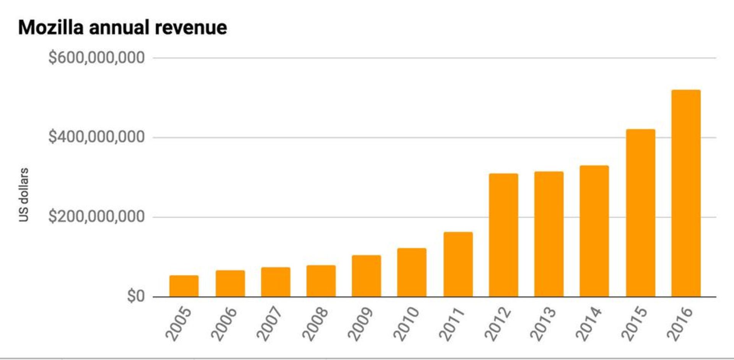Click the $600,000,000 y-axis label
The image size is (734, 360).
point(96,58)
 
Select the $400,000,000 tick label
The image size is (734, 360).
point(96,137)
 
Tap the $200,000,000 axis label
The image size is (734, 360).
point(96,217)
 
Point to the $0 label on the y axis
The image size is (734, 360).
point(136,296)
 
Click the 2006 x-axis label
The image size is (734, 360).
point(224,324)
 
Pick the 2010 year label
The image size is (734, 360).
point(406,324)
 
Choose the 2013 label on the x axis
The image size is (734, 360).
point(543,324)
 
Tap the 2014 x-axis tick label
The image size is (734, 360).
point(589,324)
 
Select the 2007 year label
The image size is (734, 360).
point(270,324)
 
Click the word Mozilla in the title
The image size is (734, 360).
point(50,28)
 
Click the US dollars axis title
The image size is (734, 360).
point(24,195)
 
